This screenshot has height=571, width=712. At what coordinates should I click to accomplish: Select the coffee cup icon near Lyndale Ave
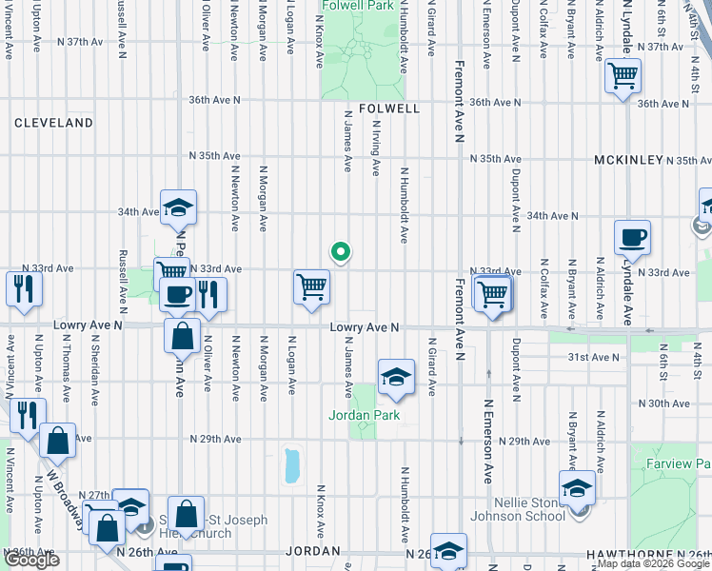click(632, 238)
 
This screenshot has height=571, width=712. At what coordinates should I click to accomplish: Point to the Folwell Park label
click(358, 6)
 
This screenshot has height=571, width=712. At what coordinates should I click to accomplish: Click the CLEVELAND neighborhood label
click(53, 123)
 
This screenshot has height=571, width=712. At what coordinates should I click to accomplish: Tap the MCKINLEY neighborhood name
click(628, 160)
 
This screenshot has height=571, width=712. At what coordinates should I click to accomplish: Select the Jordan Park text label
click(363, 415)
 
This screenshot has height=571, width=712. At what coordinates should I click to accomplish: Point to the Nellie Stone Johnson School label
click(534, 510)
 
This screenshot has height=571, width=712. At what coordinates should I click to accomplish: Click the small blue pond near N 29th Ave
click(291, 465)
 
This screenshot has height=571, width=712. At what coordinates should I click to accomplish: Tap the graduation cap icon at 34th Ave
click(177, 208)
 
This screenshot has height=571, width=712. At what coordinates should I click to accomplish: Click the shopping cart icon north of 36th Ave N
click(623, 76)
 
